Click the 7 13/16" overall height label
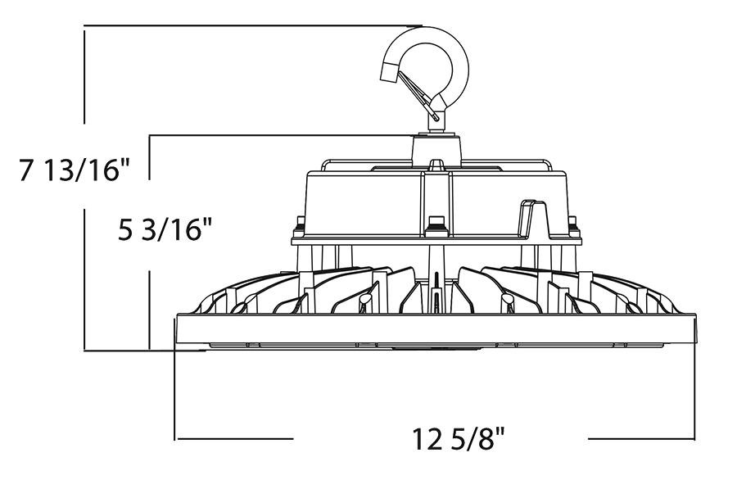75,172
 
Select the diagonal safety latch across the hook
418,90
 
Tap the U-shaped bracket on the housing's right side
534,218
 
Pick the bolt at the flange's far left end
299,222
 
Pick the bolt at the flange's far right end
572,222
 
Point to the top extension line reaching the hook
246,26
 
